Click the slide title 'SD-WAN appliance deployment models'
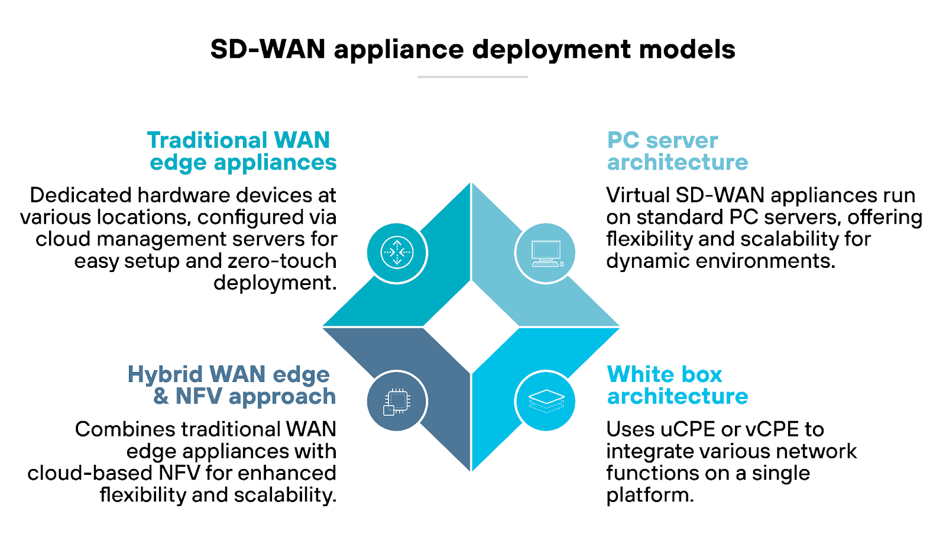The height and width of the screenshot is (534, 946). (472, 49)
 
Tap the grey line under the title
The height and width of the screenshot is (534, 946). (472, 77)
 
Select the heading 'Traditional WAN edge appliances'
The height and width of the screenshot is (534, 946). (241, 151)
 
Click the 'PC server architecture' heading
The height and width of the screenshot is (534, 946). (677, 151)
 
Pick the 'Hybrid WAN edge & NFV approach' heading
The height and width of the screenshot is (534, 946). (232, 385)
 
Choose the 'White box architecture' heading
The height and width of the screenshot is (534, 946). (677, 385)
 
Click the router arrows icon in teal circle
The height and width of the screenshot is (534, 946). (397, 253)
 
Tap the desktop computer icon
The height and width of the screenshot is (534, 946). (546, 253)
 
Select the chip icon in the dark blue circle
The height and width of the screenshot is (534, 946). (397, 401)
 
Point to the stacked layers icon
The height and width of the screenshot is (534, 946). (546, 401)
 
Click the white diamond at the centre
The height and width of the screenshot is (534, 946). (471, 327)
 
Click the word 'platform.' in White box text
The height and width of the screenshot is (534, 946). (650, 496)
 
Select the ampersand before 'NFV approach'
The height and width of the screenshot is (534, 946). (161, 396)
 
